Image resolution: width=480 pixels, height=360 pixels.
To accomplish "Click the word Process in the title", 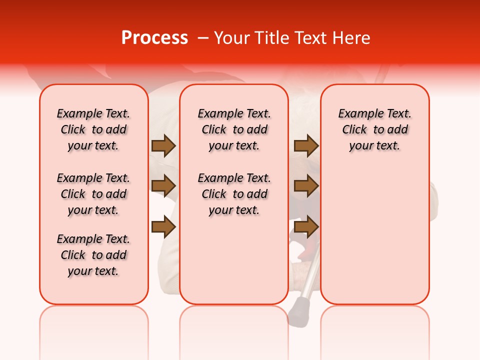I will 154,38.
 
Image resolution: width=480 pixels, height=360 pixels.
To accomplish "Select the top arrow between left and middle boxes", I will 163,145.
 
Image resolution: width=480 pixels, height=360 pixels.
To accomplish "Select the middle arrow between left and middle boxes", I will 163,186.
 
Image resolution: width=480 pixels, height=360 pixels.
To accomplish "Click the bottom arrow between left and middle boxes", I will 163,227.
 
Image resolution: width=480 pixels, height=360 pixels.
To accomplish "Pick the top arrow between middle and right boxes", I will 306,145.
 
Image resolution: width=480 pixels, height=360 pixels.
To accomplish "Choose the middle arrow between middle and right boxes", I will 306,186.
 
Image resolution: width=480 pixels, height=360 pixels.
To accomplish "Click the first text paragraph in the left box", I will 93,129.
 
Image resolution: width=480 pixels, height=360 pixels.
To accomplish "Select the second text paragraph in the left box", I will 93,194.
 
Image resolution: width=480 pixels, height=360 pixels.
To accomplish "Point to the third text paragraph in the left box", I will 93,255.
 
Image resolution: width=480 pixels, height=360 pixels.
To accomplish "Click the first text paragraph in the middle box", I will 234,129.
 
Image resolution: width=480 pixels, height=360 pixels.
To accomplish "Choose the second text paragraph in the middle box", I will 234,194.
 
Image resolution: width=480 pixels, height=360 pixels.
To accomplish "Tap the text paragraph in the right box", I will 375,129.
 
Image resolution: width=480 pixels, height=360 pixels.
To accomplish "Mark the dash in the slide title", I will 202,38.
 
